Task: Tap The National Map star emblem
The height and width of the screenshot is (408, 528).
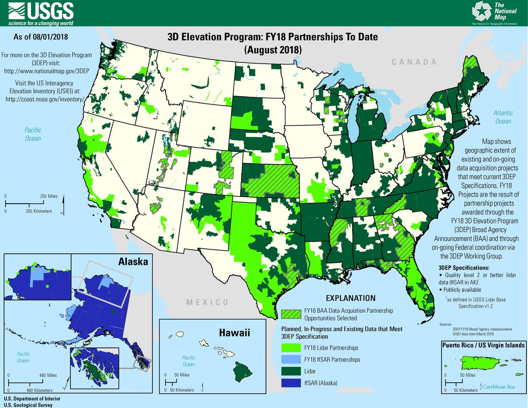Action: point(481,11)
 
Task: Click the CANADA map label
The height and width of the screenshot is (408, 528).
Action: point(414,62)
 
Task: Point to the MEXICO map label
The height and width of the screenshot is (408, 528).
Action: point(207,302)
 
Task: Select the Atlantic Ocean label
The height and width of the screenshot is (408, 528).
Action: point(503,117)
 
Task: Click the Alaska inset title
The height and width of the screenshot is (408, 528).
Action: point(133,261)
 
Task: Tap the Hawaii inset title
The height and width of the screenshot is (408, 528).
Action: point(234,332)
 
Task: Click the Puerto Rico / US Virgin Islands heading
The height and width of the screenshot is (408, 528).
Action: point(483,345)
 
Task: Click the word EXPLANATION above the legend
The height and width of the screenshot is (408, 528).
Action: point(350,298)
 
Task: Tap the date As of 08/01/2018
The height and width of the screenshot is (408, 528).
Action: point(41,37)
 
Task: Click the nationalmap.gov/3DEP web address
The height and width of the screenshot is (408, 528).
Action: point(46,71)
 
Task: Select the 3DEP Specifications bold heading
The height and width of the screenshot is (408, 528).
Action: point(464,268)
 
